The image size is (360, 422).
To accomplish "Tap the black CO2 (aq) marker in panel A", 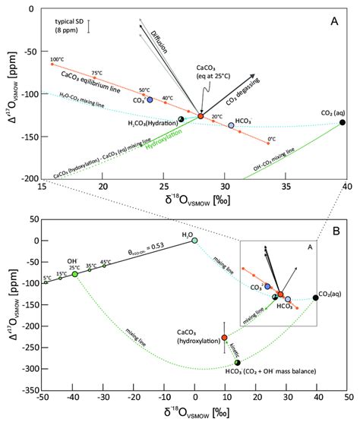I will [x=343, y=122].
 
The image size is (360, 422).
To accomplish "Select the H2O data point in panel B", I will [x=194, y=241].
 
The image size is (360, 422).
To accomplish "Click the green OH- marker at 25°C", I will [x=75, y=274].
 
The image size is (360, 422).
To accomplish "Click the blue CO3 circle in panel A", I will [x=150, y=99].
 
